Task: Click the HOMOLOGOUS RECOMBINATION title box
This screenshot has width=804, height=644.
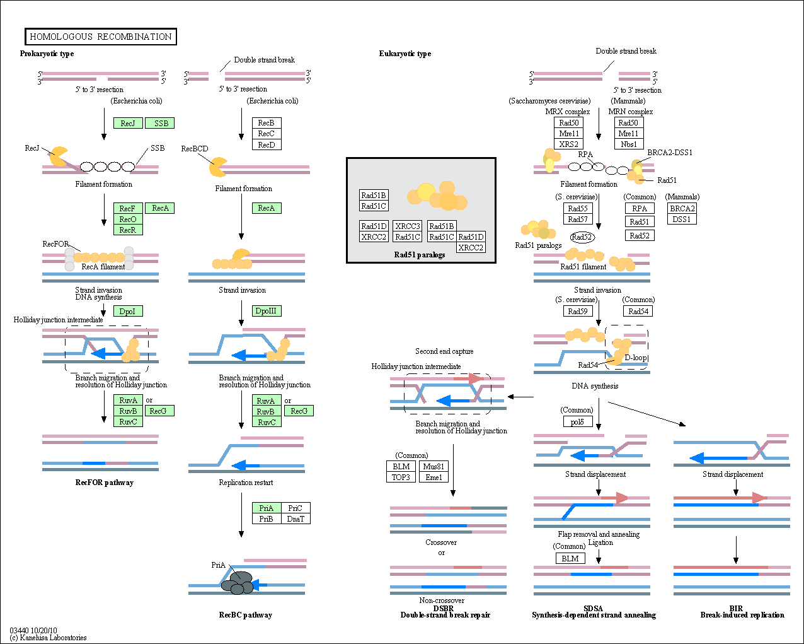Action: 101,37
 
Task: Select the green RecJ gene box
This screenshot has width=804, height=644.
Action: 128,123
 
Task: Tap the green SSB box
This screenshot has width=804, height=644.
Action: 161,123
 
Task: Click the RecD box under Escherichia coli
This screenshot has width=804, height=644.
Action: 267,144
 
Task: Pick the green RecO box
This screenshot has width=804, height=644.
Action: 128,219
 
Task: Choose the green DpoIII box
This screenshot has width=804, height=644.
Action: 267,310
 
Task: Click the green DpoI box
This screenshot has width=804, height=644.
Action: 128,311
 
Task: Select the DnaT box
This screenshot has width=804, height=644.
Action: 296,518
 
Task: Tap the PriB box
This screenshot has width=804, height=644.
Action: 267,518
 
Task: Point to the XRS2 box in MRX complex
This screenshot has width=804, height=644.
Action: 569,144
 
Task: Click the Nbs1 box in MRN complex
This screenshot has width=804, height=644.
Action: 629,144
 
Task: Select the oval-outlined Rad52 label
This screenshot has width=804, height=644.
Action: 582,237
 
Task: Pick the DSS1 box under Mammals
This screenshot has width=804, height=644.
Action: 682,219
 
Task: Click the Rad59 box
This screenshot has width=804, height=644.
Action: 578,311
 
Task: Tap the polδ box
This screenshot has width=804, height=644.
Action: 578,421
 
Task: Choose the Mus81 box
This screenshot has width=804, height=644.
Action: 434,466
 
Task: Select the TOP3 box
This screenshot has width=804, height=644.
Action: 401,477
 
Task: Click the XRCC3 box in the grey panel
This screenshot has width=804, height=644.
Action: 408,226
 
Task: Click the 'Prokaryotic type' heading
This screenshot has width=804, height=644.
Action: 47,54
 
